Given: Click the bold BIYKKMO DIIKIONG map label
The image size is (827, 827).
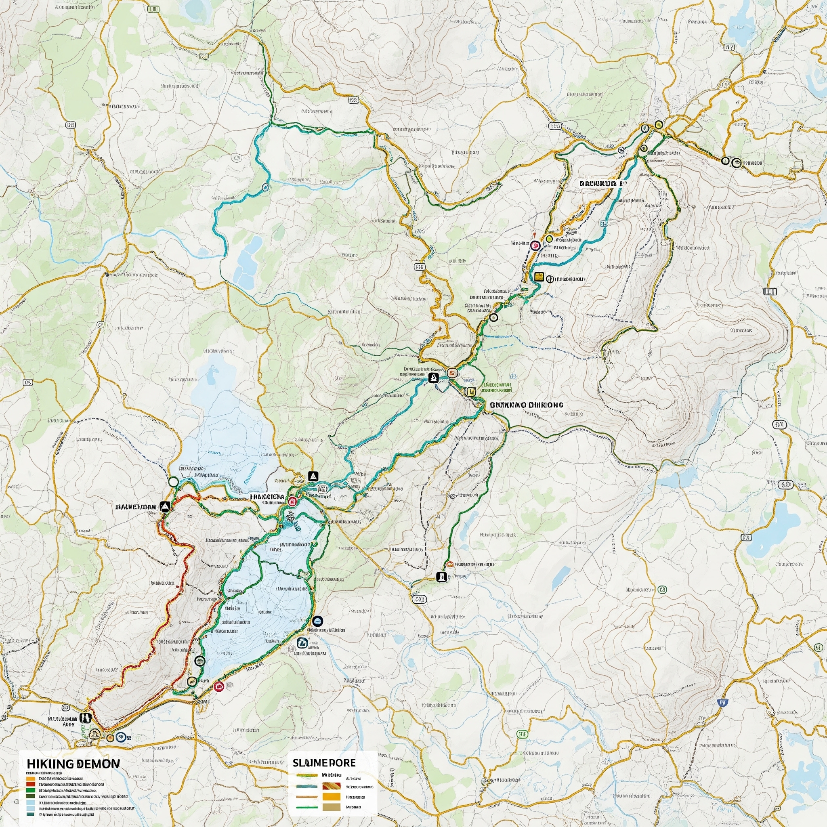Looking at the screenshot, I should point(526,405).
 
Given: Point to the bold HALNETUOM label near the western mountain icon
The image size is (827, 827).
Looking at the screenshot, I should point(136,507).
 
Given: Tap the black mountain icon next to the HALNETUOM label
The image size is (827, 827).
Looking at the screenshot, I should point(165,507).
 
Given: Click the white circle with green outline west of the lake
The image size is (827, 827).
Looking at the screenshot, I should point(173,482).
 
